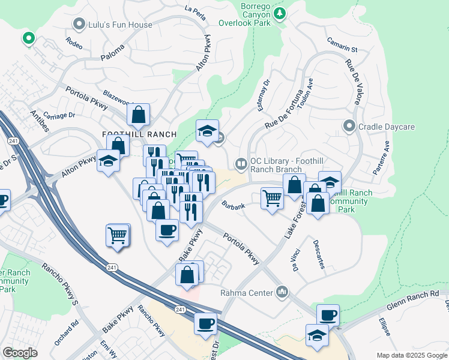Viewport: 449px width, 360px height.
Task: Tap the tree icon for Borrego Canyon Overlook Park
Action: pos(279,13)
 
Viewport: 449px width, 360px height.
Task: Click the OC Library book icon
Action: pos(240,163)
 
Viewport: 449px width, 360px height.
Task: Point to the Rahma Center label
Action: pos(246,293)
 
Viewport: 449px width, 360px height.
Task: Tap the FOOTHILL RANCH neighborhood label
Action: pos(139,134)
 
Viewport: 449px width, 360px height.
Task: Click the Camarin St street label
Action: pos(342,44)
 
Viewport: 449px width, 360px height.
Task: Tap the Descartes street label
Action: pos(319,254)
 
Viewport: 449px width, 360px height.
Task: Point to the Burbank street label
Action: pos(233,206)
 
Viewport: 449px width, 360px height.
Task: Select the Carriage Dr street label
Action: pos(59,115)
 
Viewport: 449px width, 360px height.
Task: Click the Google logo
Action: pos(20,353)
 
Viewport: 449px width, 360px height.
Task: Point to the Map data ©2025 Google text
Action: pos(411,355)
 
